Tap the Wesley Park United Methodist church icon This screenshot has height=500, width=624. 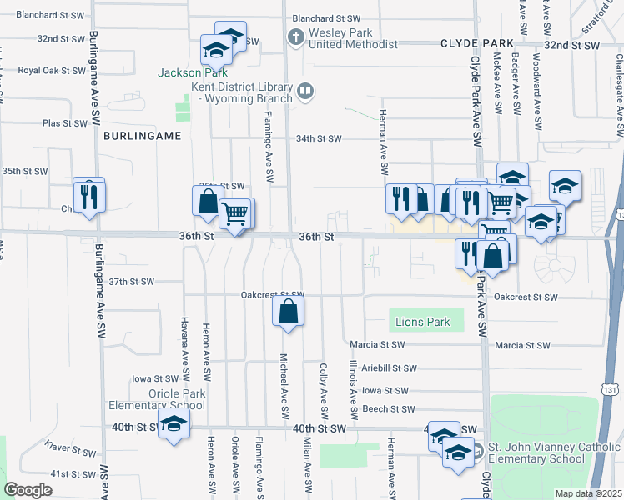(x=294, y=37)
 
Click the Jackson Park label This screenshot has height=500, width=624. (x=188, y=72)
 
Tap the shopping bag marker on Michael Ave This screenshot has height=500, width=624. (x=288, y=312)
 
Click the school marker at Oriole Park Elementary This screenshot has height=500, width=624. (x=174, y=425)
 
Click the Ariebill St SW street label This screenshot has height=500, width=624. (x=388, y=367)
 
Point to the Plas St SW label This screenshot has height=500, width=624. (x=65, y=123)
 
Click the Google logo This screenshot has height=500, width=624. (x=28, y=490)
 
